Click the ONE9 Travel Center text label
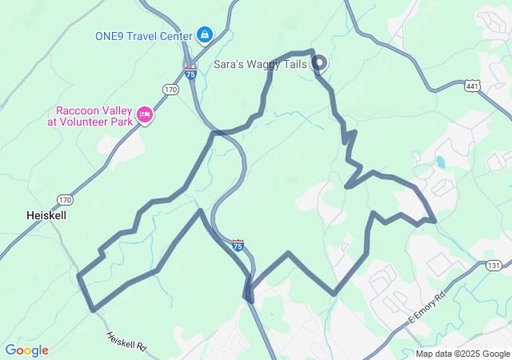144,35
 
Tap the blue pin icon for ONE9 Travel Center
205,34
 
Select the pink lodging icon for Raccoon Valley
146,115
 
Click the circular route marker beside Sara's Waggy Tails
318,62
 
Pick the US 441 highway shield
473,84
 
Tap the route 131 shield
494,266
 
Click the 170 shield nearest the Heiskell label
65,199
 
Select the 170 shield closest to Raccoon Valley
170,90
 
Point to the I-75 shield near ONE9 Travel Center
190,72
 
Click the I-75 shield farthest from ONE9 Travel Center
238,245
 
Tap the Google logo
26,350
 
